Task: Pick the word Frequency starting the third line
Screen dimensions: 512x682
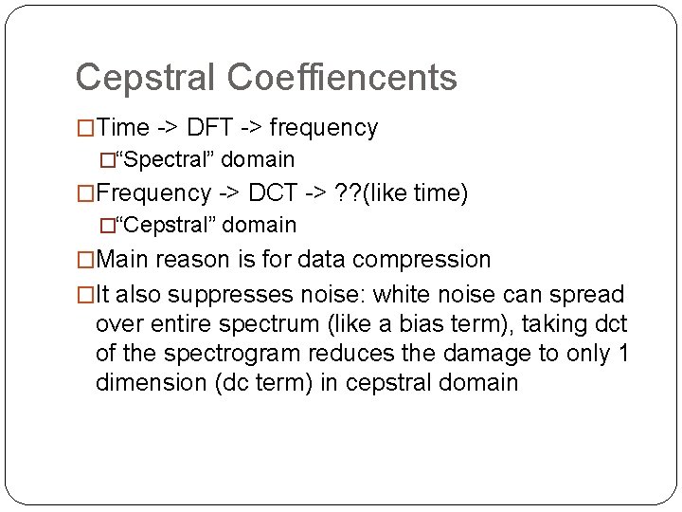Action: coord(153,193)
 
